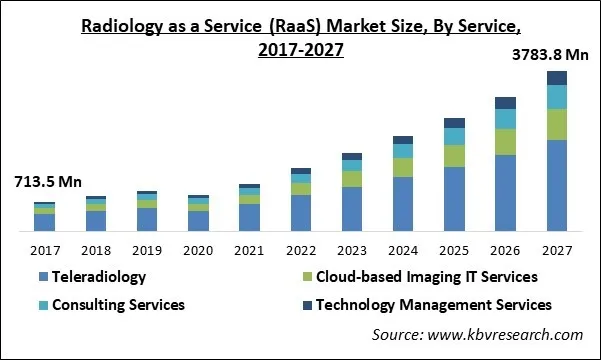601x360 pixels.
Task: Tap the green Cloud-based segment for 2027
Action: pyautogui.click(x=557, y=124)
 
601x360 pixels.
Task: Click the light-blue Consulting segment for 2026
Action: pyautogui.click(x=505, y=118)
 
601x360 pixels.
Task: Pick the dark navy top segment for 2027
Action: pyautogui.click(x=557, y=78)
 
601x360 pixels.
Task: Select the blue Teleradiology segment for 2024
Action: pyautogui.click(x=403, y=203)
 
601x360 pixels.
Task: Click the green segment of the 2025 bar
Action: pyautogui.click(x=454, y=155)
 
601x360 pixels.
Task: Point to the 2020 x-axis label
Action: pyautogui.click(x=198, y=249)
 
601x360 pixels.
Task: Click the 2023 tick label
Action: pyautogui.click(x=352, y=249)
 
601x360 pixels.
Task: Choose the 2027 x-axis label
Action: pyautogui.click(x=557, y=249)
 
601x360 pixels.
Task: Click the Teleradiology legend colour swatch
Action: pyautogui.click(x=43, y=277)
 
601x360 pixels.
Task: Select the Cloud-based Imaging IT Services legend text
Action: pyautogui.click(x=426, y=276)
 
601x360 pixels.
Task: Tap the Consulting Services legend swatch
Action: pyautogui.click(x=43, y=304)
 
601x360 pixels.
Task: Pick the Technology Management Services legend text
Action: pyautogui.click(x=434, y=303)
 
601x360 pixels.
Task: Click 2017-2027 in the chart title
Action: pyautogui.click(x=300, y=51)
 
